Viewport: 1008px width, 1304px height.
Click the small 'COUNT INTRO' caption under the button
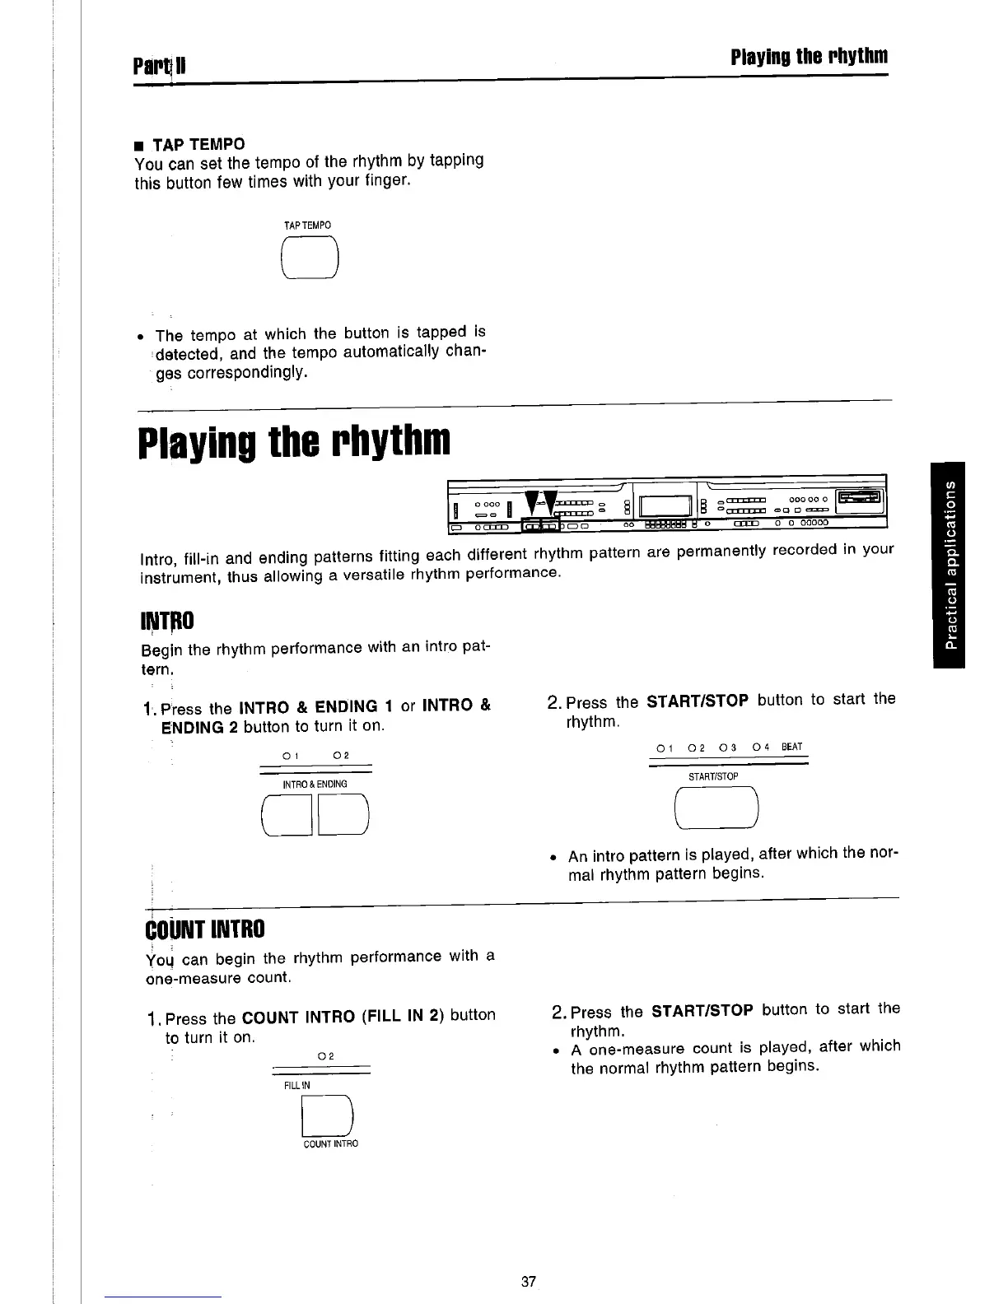click(x=331, y=1144)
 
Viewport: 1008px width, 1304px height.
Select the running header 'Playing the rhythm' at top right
click(x=809, y=57)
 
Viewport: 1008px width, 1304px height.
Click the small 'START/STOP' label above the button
click(x=713, y=776)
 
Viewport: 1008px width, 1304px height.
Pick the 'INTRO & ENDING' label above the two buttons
click(x=315, y=784)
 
